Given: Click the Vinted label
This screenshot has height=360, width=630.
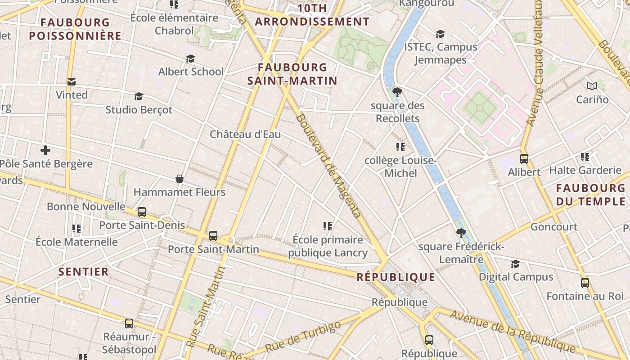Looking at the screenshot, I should coord(72,95).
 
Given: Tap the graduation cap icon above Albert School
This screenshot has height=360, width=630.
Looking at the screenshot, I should coord(190,59).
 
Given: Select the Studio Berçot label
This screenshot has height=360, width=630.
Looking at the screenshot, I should coord(139,110).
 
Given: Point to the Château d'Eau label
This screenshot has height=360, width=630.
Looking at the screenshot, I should coord(245,134).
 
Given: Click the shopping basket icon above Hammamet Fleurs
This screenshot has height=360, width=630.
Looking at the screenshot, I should coord(180,179).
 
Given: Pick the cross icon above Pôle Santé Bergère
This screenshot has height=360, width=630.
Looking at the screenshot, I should coord(45,150).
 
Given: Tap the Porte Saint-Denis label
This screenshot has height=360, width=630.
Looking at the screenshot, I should coord(142,225).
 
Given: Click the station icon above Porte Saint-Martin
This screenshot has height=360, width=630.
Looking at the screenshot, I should coord(213,235).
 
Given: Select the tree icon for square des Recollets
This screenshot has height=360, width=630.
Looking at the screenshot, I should coord(397,92).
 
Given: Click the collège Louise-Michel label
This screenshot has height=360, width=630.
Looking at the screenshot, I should coord(400,167).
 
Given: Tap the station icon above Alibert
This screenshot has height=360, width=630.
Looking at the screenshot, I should coord(524,158).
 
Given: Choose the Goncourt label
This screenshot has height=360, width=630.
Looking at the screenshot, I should coord(554,227).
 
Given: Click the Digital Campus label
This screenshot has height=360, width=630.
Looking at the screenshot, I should coord(516,277).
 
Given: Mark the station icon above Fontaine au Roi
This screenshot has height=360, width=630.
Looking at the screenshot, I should coord(585,283).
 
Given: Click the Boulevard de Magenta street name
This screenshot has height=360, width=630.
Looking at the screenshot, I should coord(329,166).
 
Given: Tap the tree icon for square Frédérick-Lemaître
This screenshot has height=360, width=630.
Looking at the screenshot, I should coord(461,233).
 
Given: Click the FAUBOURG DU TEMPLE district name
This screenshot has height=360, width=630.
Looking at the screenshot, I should coord(590,194).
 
